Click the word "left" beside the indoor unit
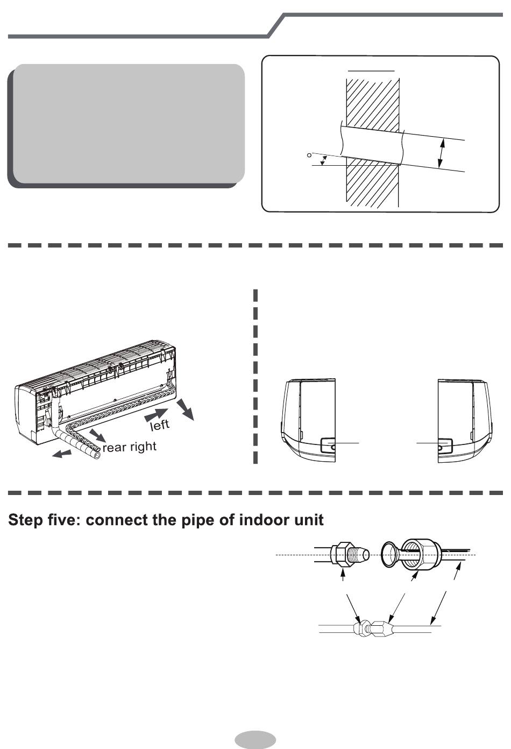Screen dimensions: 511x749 [160, 425]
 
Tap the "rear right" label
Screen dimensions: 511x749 [129, 447]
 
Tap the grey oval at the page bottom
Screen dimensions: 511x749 [256, 739]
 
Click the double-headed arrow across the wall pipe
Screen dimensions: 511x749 [441, 153]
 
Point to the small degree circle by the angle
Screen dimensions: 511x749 [309, 155]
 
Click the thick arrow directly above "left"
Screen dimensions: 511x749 [156, 415]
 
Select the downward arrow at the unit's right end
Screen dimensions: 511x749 [186, 409]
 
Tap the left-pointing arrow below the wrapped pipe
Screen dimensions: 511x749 [62, 454]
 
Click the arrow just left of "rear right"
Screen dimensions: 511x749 [97, 435]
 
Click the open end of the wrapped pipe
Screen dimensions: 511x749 [97, 455]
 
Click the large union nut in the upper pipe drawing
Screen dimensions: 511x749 [421, 555]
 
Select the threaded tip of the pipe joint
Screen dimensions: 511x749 [359, 555]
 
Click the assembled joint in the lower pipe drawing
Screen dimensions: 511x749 [374, 628]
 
